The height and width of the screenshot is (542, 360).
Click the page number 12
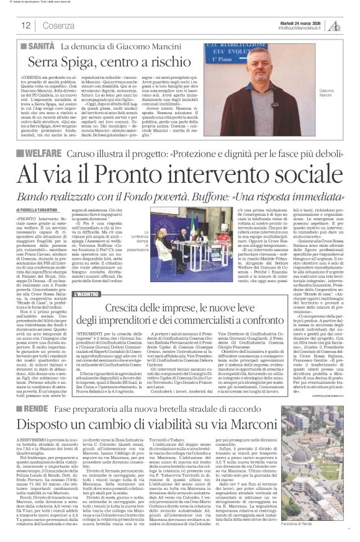tap(25, 25)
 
